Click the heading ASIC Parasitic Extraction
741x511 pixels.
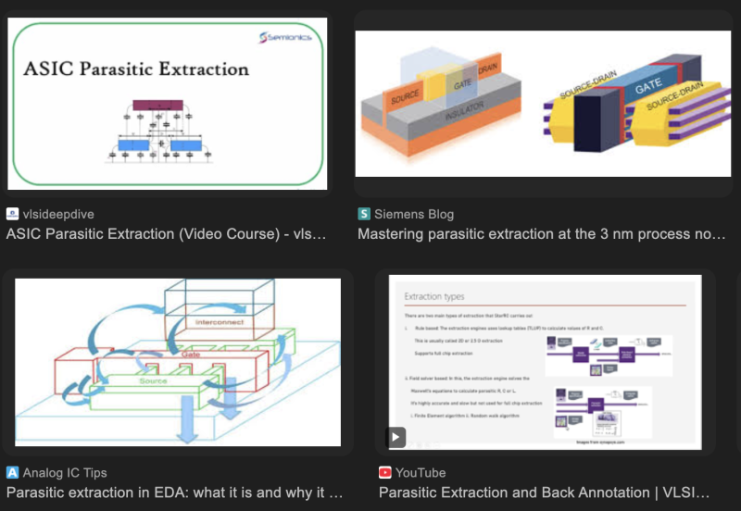[135, 69]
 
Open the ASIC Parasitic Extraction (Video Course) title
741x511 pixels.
[167, 234]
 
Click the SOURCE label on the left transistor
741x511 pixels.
[404, 96]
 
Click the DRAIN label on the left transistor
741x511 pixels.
[487, 70]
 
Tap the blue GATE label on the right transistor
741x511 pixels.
[647, 89]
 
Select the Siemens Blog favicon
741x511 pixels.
[364, 214]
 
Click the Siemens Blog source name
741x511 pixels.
[414, 214]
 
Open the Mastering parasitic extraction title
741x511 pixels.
[542, 234]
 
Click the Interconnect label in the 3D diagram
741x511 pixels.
[219, 321]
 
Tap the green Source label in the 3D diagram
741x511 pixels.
[154, 380]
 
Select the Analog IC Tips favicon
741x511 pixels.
[12, 472]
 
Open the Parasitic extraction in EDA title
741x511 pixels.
[175, 492]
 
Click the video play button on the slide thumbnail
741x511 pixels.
[396, 436]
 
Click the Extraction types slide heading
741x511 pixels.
[435, 297]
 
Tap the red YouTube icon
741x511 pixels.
[385, 472]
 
